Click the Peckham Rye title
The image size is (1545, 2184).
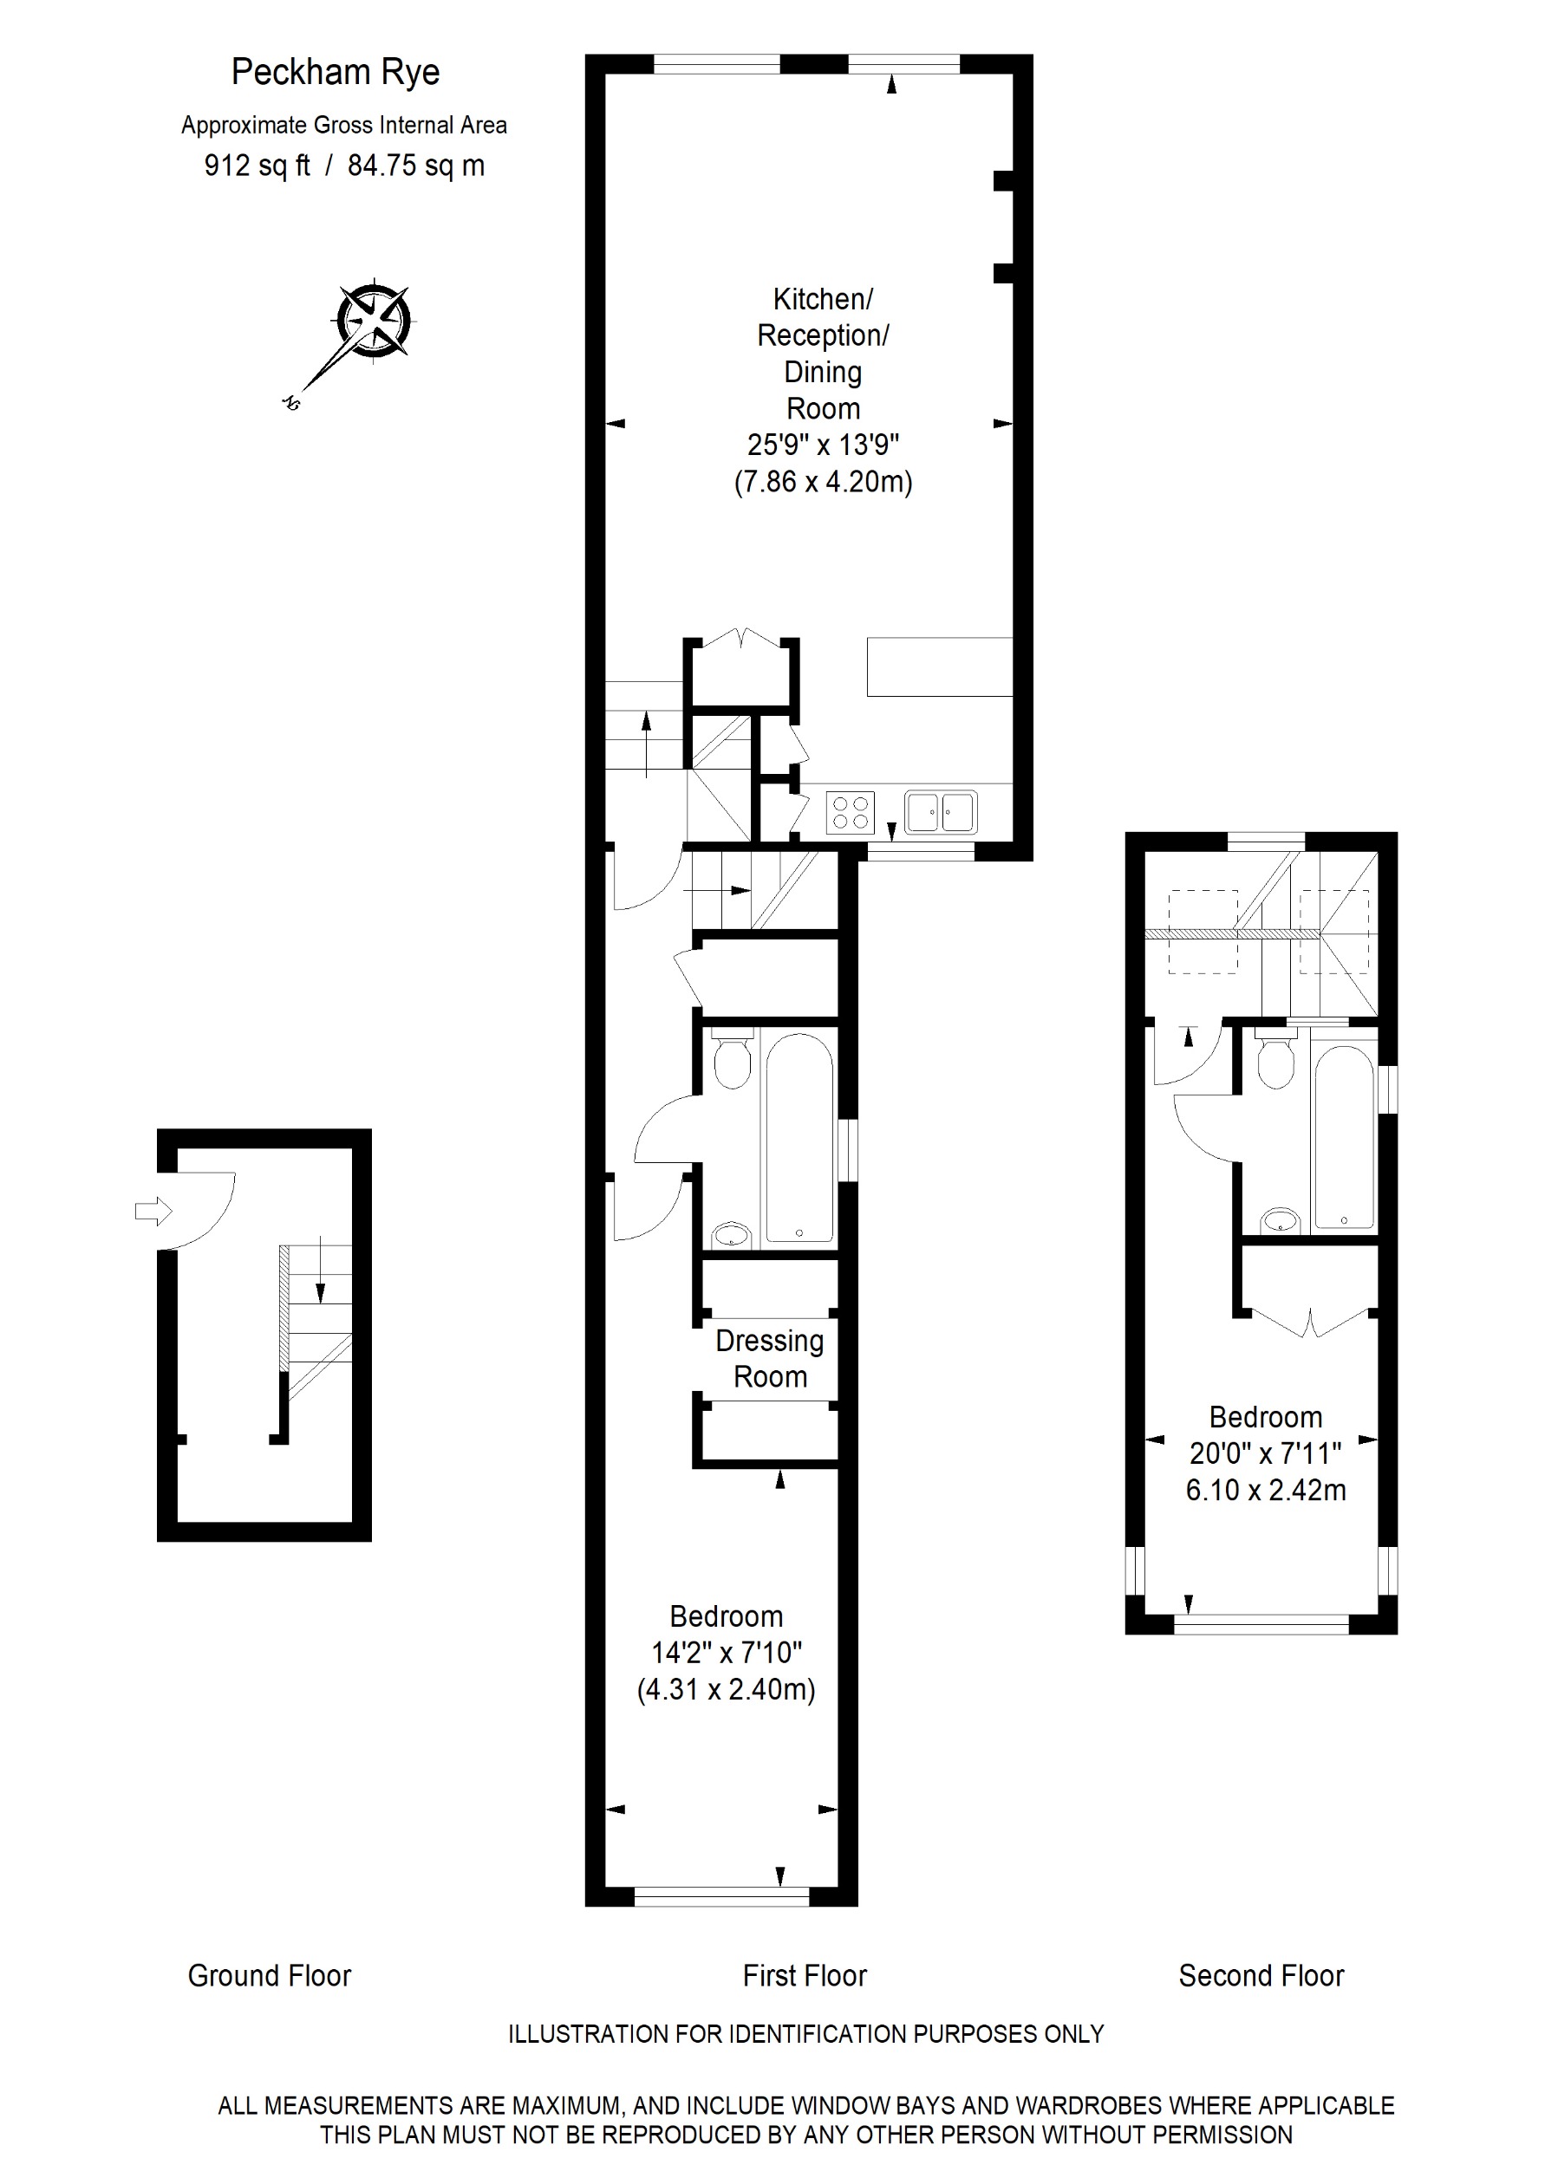(335, 72)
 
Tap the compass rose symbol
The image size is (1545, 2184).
(374, 321)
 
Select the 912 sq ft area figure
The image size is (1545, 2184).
(257, 166)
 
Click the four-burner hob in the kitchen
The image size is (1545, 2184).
(850, 813)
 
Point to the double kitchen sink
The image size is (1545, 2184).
(940, 812)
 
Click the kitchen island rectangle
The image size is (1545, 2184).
(939, 666)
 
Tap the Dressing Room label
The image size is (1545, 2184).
(770, 1358)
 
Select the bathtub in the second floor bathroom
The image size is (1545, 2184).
(1343, 1138)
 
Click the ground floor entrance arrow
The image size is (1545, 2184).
(153, 1212)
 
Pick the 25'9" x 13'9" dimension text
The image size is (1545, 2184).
(823, 445)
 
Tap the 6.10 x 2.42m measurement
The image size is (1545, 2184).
(1265, 1490)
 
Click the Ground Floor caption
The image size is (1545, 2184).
(270, 1976)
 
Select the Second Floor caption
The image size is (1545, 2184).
(1261, 1976)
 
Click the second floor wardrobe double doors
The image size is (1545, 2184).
(1310, 1323)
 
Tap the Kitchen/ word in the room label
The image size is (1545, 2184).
(822, 299)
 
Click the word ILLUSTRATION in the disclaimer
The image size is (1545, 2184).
(588, 2034)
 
